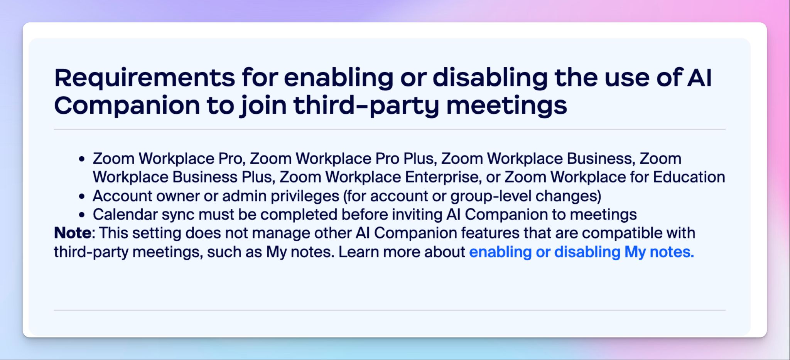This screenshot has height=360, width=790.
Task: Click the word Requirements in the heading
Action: point(145,78)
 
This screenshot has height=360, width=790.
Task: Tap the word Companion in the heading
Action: point(127,106)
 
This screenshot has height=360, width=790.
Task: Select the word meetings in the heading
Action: point(506,106)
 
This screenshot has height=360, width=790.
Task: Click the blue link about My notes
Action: point(581,252)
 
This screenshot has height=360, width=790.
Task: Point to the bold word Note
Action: point(73,233)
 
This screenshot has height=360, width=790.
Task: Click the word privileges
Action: point(305,196)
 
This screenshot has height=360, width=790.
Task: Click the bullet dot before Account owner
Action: point(81,196)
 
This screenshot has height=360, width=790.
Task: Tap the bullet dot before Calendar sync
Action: point(81,215)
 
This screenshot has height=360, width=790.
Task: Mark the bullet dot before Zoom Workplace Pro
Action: point(81,159)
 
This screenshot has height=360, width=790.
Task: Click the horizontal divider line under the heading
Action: point(390,129)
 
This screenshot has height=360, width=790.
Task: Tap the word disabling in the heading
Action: point(490,78)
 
